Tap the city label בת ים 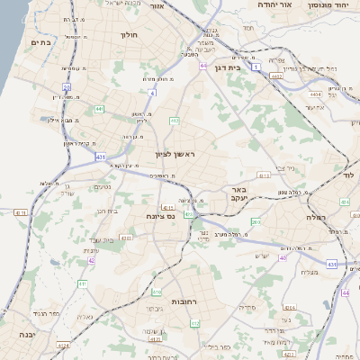40,40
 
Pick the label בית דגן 233,67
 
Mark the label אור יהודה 255,4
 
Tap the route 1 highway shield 257,67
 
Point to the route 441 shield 99,109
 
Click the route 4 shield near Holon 152,92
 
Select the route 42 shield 91,260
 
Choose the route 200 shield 256,221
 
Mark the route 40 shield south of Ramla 283,257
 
